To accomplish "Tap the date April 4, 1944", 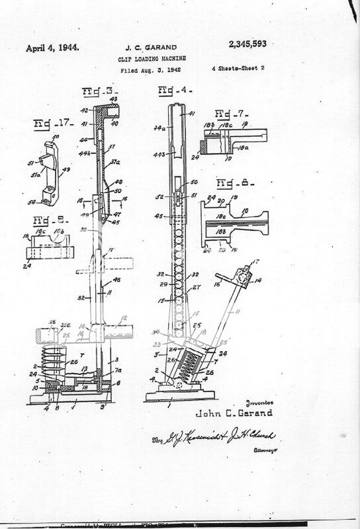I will (52, 48).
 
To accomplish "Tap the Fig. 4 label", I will (170, 91).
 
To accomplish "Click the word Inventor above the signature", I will (255, 401).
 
